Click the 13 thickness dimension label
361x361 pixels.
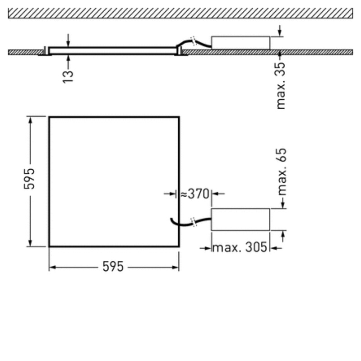(x=68, y=77)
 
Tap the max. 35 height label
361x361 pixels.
(x=281, y=86)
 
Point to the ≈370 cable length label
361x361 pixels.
(x=195, y=194)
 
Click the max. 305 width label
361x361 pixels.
(x=240, y=247)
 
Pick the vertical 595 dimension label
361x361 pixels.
(x=29, y=179)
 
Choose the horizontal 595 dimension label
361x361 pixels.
(x=113, y=267)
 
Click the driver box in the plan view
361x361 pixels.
(x=241, y=219)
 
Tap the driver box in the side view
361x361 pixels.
(x=241, y=43)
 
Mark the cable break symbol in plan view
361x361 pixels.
(x=194, y=222)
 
